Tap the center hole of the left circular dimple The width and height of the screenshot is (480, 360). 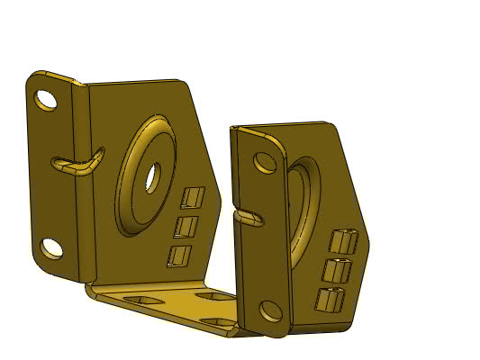151,175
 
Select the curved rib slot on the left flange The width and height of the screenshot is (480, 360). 77,164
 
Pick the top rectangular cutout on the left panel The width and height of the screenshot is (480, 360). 193,196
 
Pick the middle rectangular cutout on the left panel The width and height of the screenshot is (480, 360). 186,225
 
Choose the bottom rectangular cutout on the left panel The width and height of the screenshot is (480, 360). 180,256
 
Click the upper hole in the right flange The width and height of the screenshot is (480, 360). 265,162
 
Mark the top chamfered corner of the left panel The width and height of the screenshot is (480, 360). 185,85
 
